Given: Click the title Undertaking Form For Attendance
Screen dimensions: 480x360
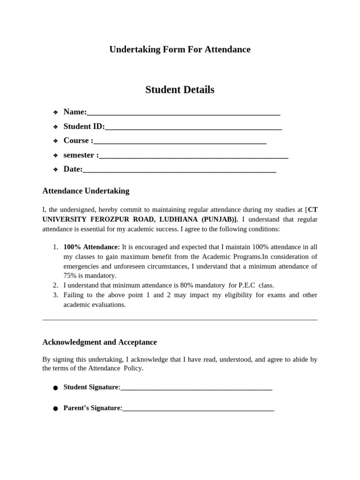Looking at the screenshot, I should tap(180, 49).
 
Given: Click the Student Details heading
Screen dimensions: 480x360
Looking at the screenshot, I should tap(180, 90).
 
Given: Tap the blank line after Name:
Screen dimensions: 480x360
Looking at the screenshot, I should tap(184, 113).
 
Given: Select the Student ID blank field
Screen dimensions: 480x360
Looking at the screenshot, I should tap(193, 127).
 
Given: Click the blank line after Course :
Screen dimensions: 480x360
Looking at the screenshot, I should tap(180, 141).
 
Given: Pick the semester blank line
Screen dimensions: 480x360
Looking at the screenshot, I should tap(194, 156).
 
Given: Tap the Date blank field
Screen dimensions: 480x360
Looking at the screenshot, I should tap(180, 170).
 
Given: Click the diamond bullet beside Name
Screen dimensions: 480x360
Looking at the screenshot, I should tap(55, 112).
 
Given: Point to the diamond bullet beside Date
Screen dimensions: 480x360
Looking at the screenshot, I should tap(55, 169).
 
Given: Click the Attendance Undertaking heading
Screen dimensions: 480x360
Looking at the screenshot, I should tap(86, 191).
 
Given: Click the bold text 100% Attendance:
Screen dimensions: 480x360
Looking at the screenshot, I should tap(92, 247).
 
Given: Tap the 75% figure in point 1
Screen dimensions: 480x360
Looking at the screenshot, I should tap(70, 276).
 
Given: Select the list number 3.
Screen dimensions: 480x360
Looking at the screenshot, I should tap(55, 295).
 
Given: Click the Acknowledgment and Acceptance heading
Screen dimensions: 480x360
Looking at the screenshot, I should tap(99, 342).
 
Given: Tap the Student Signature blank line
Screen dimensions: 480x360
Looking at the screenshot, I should tap(196, 388).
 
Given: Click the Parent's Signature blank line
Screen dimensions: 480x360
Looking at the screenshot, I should tap(198, 408).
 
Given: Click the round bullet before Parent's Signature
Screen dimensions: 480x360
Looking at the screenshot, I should tap(55, 409).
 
